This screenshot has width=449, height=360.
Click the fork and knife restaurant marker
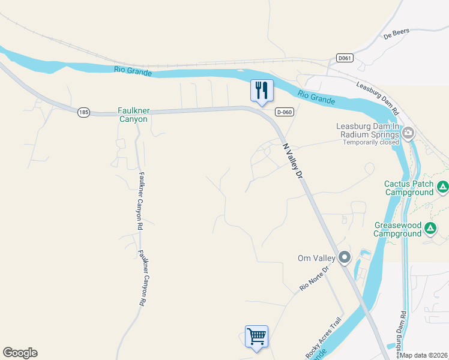pyautogui.click(x=262, y=91)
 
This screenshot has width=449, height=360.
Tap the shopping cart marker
pyautogui.click(x=256, y=336)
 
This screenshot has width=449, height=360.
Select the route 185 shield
pyautogui.click(x=83, y=112)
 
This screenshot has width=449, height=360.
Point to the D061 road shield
pyautogui.click(x=345, y=58)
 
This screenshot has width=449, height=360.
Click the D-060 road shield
pyautogui.click(x=284, y=112)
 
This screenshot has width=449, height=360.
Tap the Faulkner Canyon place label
pyautogui.click(x=133, y=115)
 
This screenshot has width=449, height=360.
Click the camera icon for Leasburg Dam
pyautogui.click(x=408, y=133)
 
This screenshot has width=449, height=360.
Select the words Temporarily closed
pyautogui.click(x=375, y=142)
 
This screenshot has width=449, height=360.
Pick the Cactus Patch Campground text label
pyautogui.click(x=409, y=188)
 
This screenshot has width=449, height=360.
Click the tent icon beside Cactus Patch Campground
pyautogui.click(x=442, y=187)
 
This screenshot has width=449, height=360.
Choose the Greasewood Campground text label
pyautogui.click(x=398, y=229)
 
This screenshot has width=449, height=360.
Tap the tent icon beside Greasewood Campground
pyautogui.click(x=430, y=228)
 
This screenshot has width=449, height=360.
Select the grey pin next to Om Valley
pyautogui.click(x=344, y=257)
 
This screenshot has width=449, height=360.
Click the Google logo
pyautogui.click(x=20, y=353)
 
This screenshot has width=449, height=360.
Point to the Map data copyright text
pyautogui.click(x=424, y=355)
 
